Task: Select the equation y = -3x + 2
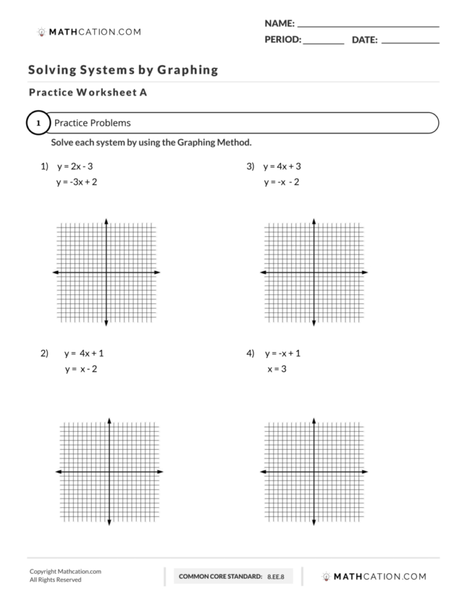[x=77, y=182]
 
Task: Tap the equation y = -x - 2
[x=281, y=182]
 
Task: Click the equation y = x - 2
[x=80, y=369]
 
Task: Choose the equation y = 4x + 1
[x=84, y=353]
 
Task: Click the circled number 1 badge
[x=38, y=123]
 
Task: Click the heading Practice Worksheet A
[x=88, y=92]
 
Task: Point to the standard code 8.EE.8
[x=276, y=577]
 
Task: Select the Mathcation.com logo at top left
[x=89, y=32]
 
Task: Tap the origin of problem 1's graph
[x=107, y=273]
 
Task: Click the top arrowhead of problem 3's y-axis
[x=314, y=221]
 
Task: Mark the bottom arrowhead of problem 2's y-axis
[x=110, y=522]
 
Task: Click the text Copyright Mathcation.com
[x=65, y=571]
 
